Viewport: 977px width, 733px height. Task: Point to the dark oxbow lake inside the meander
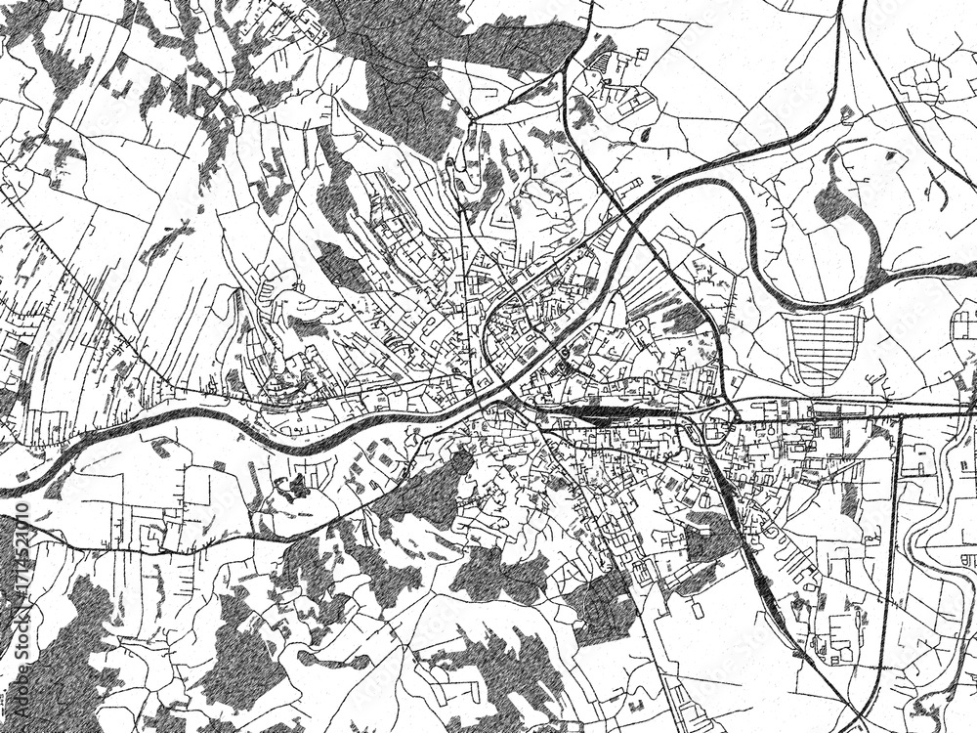click(x=840, y=210)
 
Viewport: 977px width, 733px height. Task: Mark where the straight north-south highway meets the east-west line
click(x=897, y=415)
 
